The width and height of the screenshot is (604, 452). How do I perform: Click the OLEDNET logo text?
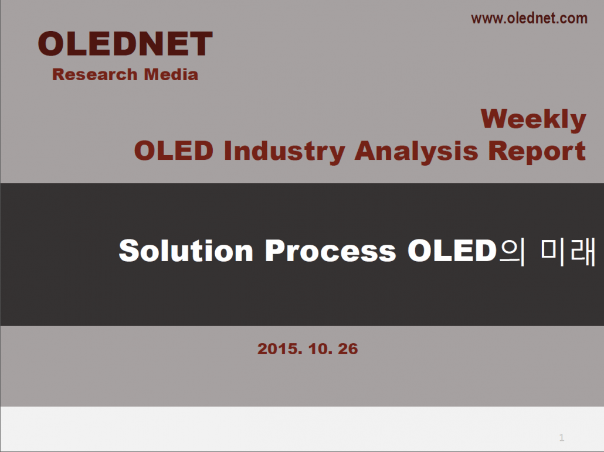pyautogui.click(x=125, y=43)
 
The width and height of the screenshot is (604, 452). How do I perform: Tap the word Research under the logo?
pyautogui.click(x=95, y=74)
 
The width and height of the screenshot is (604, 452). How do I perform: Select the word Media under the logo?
pyautogui.click(x=171, y=74)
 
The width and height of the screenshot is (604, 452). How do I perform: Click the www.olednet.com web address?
pyautogui.click(x=529, y=18)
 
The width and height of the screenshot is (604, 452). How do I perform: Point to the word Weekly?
pyautogui.click(x=534, y=119)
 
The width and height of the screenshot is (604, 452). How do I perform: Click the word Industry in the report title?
pyautogui.click(x=284, y=151)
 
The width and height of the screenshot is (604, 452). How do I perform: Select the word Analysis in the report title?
pyautogui.click(x=416, y=151)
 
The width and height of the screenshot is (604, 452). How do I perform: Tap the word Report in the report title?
pyautogui.click(x=537, y=151)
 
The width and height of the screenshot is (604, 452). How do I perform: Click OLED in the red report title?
pyautogui.click(x=174, y=150)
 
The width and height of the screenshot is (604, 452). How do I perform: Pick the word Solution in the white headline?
pyautogui.click(x=186, y=251)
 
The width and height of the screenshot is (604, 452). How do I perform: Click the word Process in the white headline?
pyautogui.click(x=331, y=251)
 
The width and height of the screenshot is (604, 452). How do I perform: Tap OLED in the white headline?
pyautogui.click(x=452, y=251)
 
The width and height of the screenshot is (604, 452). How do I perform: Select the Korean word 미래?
pyautogui.click(x=568, y=252)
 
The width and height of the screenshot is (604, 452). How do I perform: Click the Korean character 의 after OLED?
pyautogui.click(x=512, y=252)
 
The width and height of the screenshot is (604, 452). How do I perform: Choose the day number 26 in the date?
pyautogui.click(x=348, y=349)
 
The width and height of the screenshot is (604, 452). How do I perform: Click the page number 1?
pyautogui.click(x=562, y=437)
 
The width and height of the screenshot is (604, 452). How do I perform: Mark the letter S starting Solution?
pyautogui.click(x=128, y=251)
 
